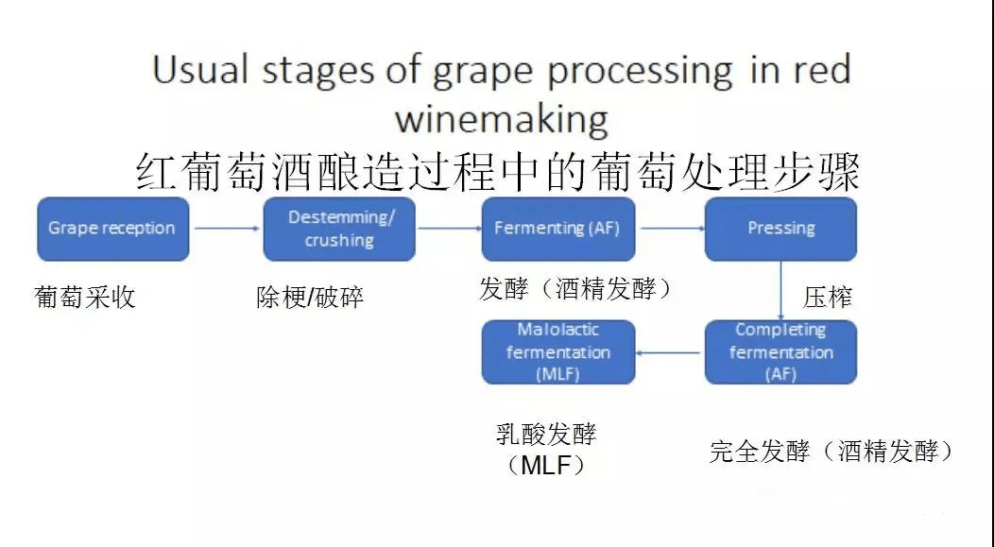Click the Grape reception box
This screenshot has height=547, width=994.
coord(112,229)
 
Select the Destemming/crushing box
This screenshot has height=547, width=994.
coord(339,229)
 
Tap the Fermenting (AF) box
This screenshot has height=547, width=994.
coord(557,229)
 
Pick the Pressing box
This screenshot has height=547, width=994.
coord(780,229)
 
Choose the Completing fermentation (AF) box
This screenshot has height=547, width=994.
coord(780,352)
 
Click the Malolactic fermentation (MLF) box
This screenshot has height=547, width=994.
coord(558,352)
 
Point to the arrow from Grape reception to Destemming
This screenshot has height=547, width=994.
coord(226,228)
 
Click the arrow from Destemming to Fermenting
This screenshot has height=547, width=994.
coord(449,228)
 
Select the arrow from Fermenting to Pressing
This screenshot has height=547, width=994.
coord(670,228)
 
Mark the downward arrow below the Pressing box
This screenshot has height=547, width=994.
coord(780,290)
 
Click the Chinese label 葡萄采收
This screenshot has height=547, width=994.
coord(85,298)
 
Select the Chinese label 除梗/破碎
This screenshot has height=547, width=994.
coord(310,298)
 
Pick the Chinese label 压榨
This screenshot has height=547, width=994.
coord(828,298)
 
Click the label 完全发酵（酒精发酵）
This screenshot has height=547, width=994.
coord(831,452)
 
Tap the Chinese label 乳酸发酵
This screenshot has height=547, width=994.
coord(546,435)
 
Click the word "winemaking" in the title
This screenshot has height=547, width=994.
coord(501,119)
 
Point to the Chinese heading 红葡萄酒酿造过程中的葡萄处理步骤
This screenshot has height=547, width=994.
coord(497,173)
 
